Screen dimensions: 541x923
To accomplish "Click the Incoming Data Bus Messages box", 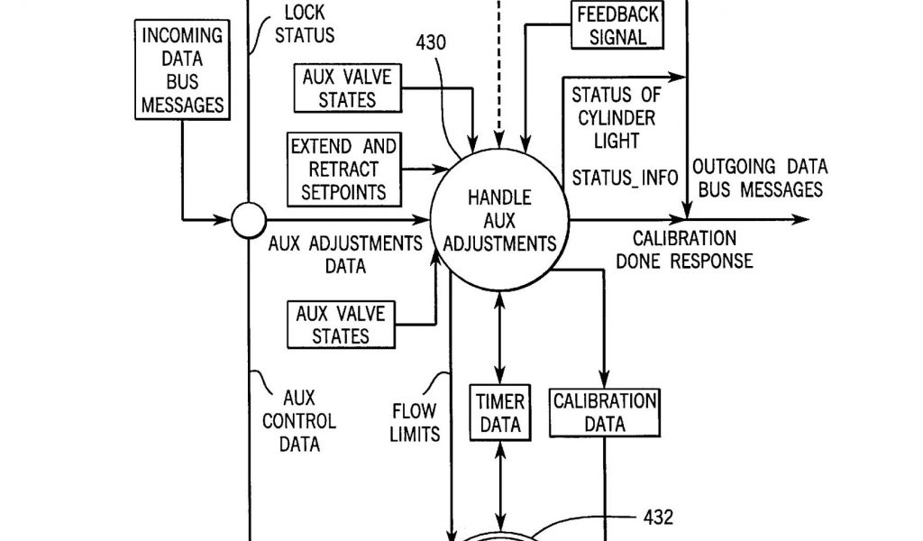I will pos(181,70).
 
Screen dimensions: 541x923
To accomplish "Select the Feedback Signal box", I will pos(618,26).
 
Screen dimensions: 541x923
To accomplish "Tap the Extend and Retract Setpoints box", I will pos(343,169).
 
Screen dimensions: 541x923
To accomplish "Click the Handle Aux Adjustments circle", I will pos(498,220).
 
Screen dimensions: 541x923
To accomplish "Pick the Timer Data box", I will pos(499,412).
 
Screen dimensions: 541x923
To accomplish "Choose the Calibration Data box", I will pos(605,412).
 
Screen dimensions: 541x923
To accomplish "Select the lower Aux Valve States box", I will pos(341,325).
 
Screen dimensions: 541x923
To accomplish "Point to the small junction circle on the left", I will pos(247,219).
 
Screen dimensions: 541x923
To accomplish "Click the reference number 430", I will pos(430,41).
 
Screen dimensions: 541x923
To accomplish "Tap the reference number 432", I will pos(658,518).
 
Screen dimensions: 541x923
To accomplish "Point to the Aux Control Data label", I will pos(298,420).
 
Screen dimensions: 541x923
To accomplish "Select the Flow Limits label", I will pos(415,423).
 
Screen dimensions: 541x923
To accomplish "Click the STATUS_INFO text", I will pos(625,178).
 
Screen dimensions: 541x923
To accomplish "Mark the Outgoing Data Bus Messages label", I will pos(759,179).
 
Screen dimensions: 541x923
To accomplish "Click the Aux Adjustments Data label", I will pos(344,254).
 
